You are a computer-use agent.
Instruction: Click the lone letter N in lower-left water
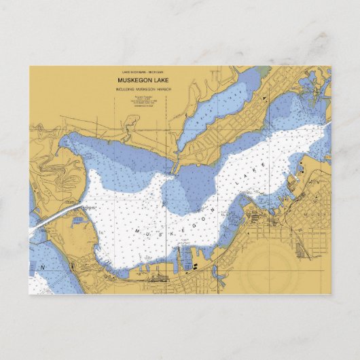click(43, 267)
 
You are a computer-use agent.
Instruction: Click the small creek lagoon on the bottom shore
click(218, 276)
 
